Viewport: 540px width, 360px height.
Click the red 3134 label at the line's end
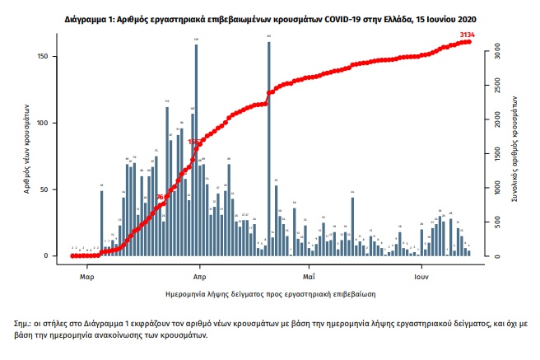[468, 34]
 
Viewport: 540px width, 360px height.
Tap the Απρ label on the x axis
[198, 267]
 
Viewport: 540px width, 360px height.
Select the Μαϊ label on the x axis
[309, 267]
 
